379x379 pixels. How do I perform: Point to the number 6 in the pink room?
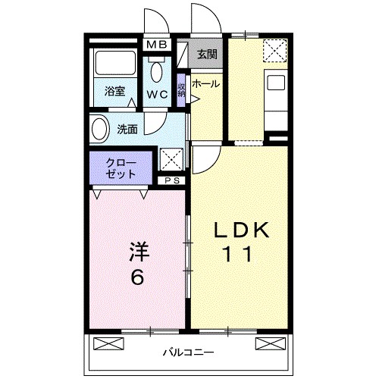[x=137, y=277]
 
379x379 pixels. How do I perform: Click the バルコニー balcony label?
[x=189, y=352]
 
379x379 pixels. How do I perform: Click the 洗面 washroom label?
[x=127, y=129]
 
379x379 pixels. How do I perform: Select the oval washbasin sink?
[x=99, y=128]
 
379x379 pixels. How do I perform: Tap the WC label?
[x=157, y=95]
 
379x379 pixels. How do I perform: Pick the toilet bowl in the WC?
[x=157, y=71]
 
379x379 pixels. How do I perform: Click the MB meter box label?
[x=156, y=45]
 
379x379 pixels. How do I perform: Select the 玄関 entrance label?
[x=206, y=54]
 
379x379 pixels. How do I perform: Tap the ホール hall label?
[x=205, y=84]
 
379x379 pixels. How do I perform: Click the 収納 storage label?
[x=182, y=89]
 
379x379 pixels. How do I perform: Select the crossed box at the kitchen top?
[x=275, y=51]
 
